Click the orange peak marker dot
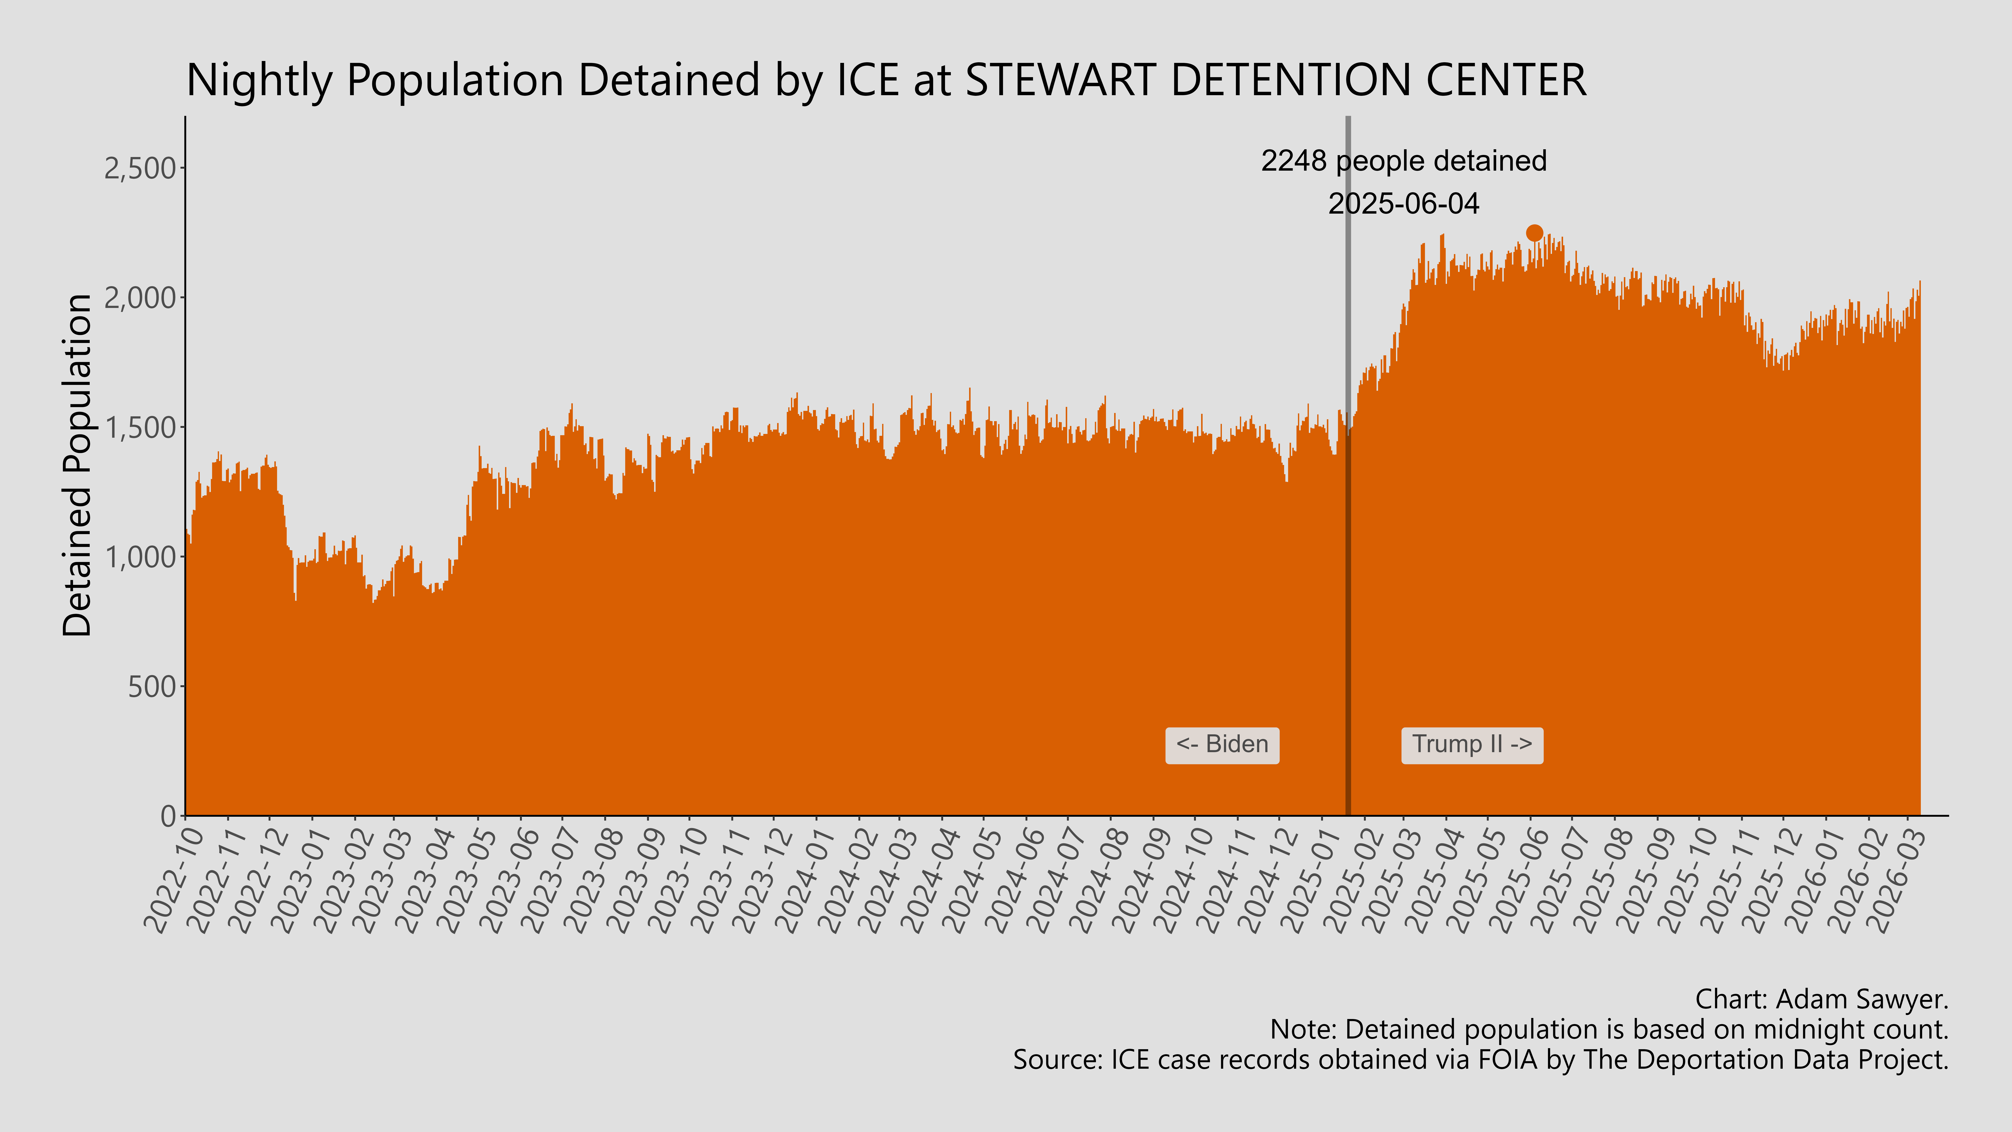[1534, 233]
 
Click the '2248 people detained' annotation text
[1404, 161]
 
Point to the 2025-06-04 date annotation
[1404, 204]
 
